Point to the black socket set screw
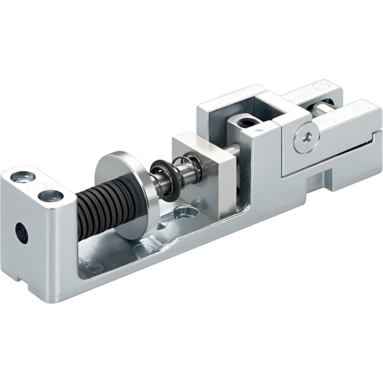point(245,123)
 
